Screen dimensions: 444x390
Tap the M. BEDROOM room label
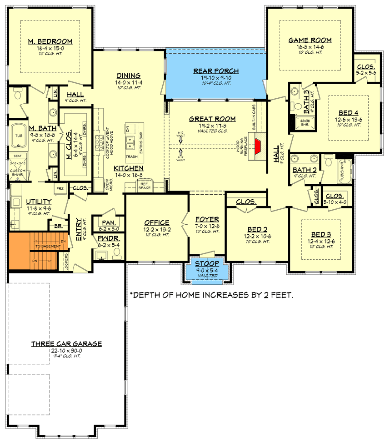pyautogui.click(x=50, y=42)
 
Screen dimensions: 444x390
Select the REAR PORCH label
pyautogui.click(x=215, y=71)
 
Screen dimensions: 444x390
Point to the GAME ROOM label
pyautogui.click(x=310, y=40)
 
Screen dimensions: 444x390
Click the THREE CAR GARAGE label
pyautogui.click(x=66, y=344)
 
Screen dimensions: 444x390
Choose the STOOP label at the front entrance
pyautogui.click(x=207, y=264)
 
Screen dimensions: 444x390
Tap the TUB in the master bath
pyautogui.click(x=19, y=136)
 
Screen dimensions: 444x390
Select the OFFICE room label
pyautogui.click(x=157, y=222)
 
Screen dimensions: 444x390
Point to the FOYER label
pyautogui.click(x=207, y=219)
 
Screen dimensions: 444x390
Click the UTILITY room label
pyautogui.click(x=39, y=201)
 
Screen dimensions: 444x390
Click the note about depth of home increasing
pyautogui.click(x=211, y=295)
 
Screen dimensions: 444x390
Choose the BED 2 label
pyautogui.click(x=257, y=230)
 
